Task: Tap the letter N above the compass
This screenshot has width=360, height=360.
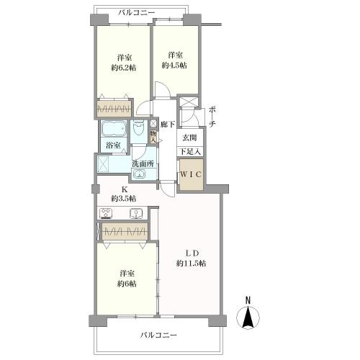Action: pyautogui.click(x=248, y=300)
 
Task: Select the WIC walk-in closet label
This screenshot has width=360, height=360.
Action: pyautogui.click(x=191, y=174)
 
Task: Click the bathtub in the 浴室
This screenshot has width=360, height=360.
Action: pyautogui.click(x=114, y=129)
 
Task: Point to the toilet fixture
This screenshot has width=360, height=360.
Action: pyautogui.click(x=138, y=128)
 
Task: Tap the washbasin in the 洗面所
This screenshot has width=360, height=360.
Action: pyautogui.click(x=139, y=174)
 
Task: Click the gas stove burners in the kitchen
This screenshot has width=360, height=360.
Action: pyautogui.click(x=107, y=213)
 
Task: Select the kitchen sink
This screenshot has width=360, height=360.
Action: pyautogui.click(x=136, y=214)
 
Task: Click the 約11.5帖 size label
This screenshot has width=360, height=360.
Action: pyautogui.click(x=192, y=264)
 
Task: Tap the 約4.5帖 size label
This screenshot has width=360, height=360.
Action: pyautogui.click(x=174, y=66)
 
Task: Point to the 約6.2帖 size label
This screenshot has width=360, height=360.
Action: pyautogui.click(x=124, y=68)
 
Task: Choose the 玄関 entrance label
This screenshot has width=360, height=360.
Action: pyautogui.click(x=189, y=138)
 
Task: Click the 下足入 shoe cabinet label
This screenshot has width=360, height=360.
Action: pyautogui.click(x=190, y=152)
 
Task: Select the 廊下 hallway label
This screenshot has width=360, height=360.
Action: pyautogui.click(x=168, y=124)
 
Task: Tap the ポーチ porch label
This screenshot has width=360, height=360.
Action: pyautogui.click(x=212, y=117)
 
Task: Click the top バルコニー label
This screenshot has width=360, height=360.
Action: pyautogui.click(x=137, y=12)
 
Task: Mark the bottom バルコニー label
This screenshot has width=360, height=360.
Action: pyautogui.click(x=158, y=335)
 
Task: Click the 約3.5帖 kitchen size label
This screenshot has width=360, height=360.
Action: pyautogui.click(x=124, y=199)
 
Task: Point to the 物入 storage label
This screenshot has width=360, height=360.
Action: pyautogui.click(x=153, y=137)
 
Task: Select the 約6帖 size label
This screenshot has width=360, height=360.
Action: pyautogui.click(x=127, y=284)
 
